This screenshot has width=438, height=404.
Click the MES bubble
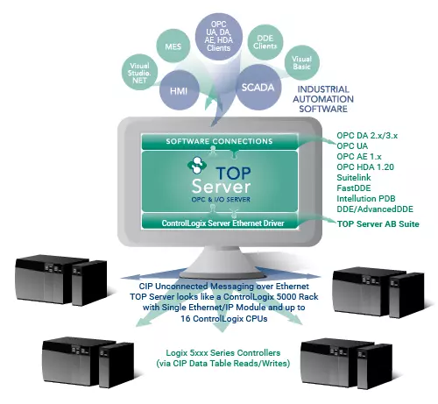pyautogui.click(x=173, y=46)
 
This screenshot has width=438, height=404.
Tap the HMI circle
pyautogui.click(x=179, y=90)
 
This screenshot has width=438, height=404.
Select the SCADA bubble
pyautogui.click(x=258, y=87)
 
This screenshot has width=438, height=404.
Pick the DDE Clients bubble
pyautogui.click(x=265, y=42)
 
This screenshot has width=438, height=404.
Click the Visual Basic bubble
pyautogui.click(x=302, y=62)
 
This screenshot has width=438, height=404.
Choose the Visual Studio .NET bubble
pyautogui.click(x=139, y=72)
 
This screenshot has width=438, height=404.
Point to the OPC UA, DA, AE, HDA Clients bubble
pyautogui.click(x=219, y=36)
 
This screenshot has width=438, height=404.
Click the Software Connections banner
pyautogui.click(x=220, y=141)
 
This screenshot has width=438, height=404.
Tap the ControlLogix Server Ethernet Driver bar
pyautogui.click(x=220, y=223)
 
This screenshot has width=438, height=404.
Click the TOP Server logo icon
pyautogui.click(x=197, y=166)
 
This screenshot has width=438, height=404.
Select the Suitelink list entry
pyautogui.click(x=354, y=178)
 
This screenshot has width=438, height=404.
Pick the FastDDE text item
pyautogui.click(x=354, y=188)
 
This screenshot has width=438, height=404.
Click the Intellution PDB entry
pyautogui.click(x=366, y=199)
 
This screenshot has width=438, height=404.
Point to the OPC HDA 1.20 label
pyautogui.click(x=365, y=167)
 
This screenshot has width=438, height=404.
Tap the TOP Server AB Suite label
pyautogui.click(x=378, y=224)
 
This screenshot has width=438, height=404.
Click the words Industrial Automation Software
pyautogui.click(x=323, y=99)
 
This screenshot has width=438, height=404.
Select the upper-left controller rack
pyautogui.click(x=60, y=280)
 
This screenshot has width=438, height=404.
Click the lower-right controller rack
pyautogui.click(x=346, y=363)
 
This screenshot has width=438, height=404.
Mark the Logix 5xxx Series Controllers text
pyautogui.click(x=223, y=353)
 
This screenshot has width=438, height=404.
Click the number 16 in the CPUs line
pyautogui.click(x=186, y=318)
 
